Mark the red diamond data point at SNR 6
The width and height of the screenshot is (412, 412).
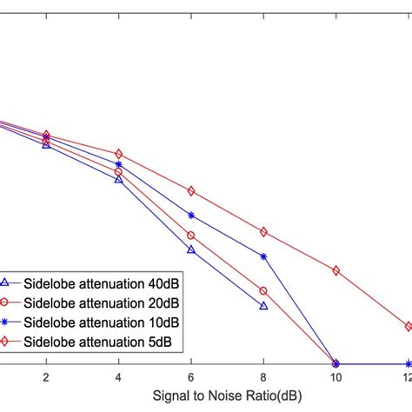coord(191,191)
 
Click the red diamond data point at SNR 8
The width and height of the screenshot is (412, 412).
coord(263,232)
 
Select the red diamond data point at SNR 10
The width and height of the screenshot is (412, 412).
coord(336,271)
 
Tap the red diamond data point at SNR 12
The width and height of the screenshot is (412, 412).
coord(409,327)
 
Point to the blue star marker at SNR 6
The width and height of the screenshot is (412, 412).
coord(191,215)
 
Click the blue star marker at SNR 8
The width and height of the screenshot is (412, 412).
coord(263,256)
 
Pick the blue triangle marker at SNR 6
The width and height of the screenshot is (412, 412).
coord(191,250)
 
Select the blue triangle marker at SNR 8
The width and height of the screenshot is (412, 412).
coord(263,306)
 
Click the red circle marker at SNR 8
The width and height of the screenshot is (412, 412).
coord(263,291)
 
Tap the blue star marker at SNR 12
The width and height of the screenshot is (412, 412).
coord(409,364)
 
